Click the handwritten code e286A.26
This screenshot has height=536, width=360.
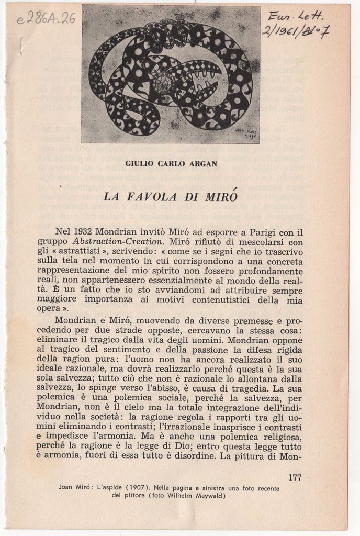click(x=47, y=19)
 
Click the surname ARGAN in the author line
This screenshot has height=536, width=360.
click(x=203, y=163)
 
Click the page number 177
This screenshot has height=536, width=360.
click(x=295, y=477)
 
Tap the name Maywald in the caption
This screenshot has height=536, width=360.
click(x=207, y=496)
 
